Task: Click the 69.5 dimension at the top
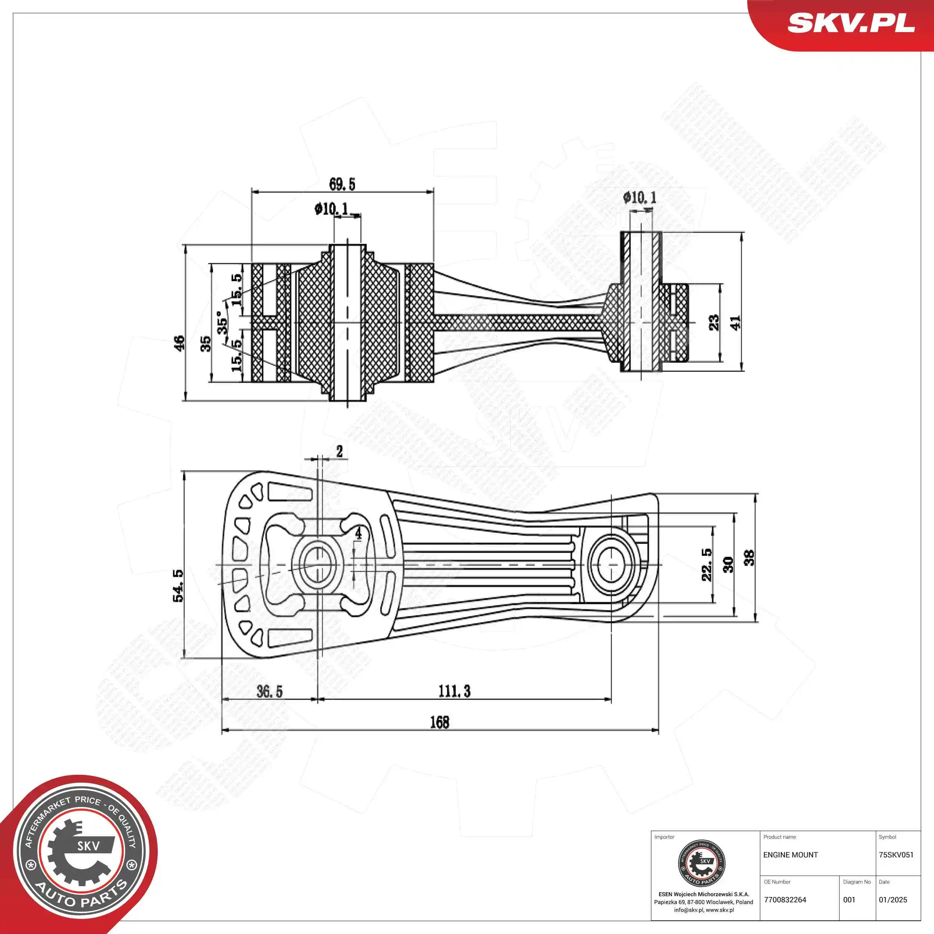tap(342, 184)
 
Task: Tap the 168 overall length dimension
tap(439, 722)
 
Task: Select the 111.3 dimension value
tap(454, 691)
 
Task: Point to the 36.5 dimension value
tap(269, 691)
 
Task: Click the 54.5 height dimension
tap(178, 585)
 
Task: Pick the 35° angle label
tap(222, 322)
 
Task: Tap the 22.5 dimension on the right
tap(707, 565)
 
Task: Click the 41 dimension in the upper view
tap(735, 322)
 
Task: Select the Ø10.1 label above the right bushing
tap(640, 197)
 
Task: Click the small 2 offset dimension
tap(339, 452)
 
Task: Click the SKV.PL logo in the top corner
tap(851, 23)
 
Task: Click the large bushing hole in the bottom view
tap(318, 565)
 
